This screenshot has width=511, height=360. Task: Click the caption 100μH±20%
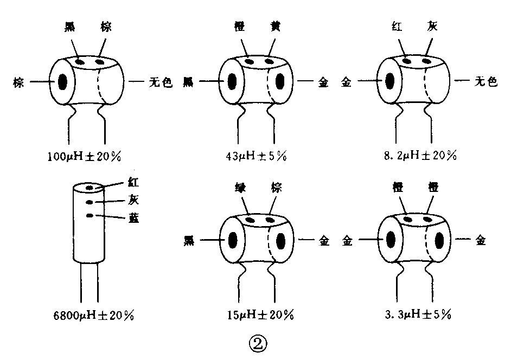[84, 157]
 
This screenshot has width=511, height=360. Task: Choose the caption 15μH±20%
[258, 315]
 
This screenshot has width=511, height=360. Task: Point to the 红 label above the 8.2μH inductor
[398, 27]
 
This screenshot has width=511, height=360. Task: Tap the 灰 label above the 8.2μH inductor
[430, 27]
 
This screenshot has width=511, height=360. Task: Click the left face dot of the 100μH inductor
[63, 82]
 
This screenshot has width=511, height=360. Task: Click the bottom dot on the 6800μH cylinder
[90, 216]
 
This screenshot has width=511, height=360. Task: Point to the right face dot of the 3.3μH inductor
[440, 240]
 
